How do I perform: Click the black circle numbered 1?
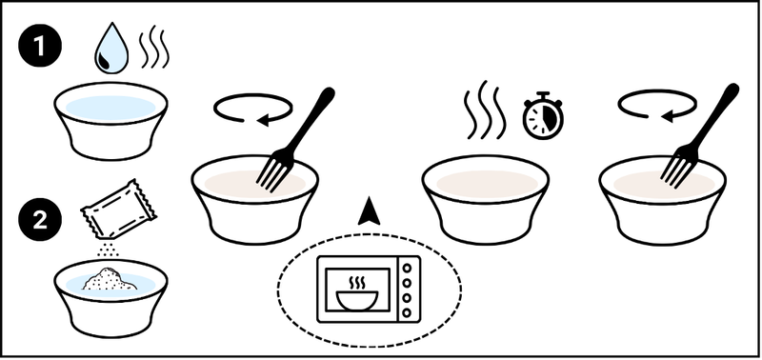point(40,47)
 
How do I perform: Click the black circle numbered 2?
point(40,221)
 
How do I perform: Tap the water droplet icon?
point(111,49)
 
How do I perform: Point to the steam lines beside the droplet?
point(154,47)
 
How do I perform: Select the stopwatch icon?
point(543,116)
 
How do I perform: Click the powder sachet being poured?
point(118,210)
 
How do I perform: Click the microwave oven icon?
point(369,290)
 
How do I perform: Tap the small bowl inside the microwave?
point(357,300)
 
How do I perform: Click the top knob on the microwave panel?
point(407,268)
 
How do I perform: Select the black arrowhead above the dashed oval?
point(369,211)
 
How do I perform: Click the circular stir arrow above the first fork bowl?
point(252,110)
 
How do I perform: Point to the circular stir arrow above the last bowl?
point(657,106)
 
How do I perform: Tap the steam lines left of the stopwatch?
point(482,110)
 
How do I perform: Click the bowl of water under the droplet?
point(111,121)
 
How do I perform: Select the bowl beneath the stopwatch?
point(486,199)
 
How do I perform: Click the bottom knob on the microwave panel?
point(407,312)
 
